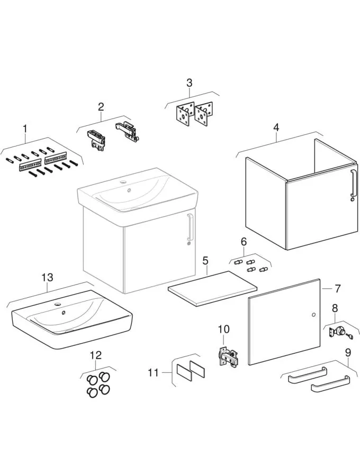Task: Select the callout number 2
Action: (101, 106)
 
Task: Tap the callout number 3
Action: (189, 83)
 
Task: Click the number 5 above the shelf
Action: (205, 260)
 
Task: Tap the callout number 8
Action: (334, 308)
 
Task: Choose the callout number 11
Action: (153, 373)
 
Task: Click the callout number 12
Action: (95, 355)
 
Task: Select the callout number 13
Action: (47, 277)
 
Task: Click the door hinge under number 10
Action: (229, 358)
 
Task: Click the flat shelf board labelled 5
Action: (212, 289)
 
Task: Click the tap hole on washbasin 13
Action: (57, 305)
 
